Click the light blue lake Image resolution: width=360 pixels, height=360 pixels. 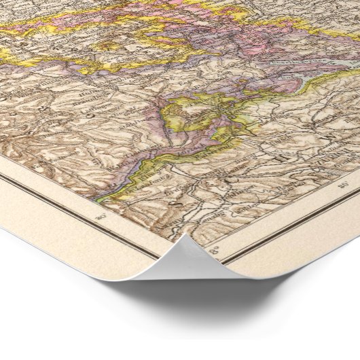click(x=285, y=68)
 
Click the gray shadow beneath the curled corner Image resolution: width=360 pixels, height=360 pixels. click(x=224, y=299)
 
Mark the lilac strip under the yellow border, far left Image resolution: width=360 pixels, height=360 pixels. click(x=20, y=65)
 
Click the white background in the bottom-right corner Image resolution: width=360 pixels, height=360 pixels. click(x=340, y=340)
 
